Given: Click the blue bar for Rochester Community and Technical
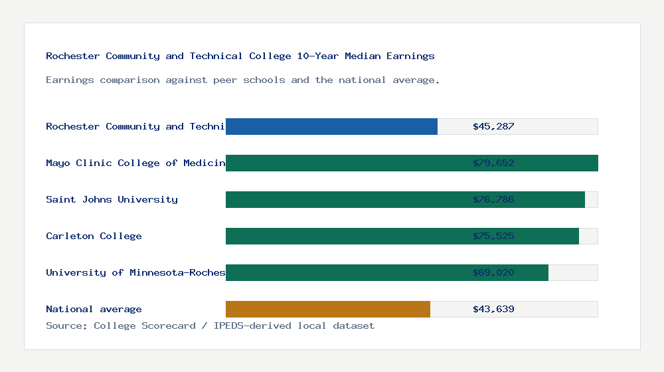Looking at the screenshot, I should click(331, 126).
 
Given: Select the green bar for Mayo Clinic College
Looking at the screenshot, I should click(345, 163).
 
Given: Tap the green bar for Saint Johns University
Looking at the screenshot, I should click(345, 199).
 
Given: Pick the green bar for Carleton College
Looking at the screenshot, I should click(345, 236).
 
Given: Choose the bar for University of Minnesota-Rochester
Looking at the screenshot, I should click(345, 272).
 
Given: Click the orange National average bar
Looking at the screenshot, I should click(328, 309).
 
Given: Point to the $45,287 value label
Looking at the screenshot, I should click(493, 126).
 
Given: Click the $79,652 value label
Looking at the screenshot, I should click(493, 163).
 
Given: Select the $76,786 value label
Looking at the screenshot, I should click(493, 199).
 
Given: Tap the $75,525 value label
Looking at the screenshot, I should click(493, 236).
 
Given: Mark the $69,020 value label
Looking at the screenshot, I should click(493, 272).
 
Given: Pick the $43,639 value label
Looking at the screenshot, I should click(493, 309).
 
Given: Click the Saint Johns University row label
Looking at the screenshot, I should click(112, 199).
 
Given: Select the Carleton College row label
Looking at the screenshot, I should click(94, 236).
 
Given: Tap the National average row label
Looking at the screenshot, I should click(94, 309).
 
